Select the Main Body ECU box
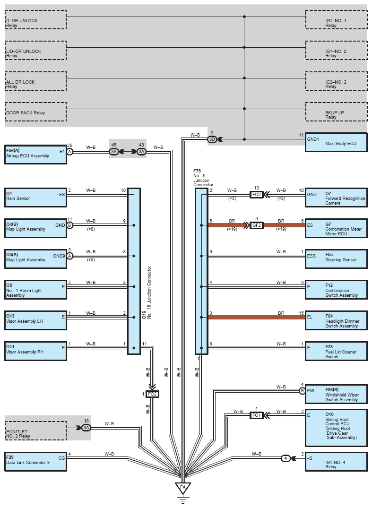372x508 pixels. [336, 142]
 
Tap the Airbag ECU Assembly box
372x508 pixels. [35, 154]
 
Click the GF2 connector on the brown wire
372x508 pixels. [257, 225]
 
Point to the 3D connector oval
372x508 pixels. [212, 139]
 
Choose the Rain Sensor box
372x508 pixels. [35, 197]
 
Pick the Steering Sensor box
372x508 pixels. [336, 258]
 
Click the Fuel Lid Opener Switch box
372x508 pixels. [336, 350]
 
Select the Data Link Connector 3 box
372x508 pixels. [35, 461]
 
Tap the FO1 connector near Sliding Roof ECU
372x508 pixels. [256, 415]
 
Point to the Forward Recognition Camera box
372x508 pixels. [336, 197]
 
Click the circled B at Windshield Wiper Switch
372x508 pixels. [302, 391]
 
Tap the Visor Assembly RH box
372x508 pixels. [35, 350]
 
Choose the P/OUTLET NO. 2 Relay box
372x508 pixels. [35, 431]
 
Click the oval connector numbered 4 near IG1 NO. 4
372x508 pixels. [285, 458]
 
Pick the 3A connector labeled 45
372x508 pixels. [114, 152]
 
